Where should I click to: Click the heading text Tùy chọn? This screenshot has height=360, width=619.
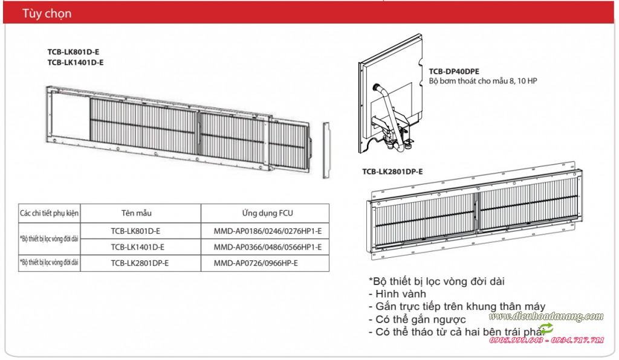coord(48,13)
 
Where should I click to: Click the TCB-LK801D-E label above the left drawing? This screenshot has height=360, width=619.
coord(73,52)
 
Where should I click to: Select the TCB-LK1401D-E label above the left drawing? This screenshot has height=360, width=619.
coord(75,62)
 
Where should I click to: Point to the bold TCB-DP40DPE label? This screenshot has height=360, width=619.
coord(454,71)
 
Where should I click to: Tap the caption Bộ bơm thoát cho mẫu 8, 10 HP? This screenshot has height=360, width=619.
coord(482,80)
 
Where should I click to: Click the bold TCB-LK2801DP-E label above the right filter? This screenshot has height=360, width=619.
coord(392,172)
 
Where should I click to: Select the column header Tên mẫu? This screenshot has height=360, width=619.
coord(136,213)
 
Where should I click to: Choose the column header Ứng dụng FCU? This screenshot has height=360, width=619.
coord(267,213)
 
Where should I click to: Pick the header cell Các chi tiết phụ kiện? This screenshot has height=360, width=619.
coord(50,213)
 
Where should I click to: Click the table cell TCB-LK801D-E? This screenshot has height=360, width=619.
coord(135,231)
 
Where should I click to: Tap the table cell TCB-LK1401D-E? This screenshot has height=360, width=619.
coord(137,247)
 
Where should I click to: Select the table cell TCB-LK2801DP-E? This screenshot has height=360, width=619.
coord(140,263)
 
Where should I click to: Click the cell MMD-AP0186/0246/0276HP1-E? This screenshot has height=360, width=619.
coord(267,231)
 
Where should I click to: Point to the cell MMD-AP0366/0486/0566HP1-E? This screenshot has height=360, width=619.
coord(267,247)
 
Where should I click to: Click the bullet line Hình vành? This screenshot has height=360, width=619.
coord(401,294)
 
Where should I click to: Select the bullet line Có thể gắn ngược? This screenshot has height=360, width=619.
coord(418,319)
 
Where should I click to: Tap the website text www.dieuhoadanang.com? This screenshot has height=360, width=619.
coord(546,317)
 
